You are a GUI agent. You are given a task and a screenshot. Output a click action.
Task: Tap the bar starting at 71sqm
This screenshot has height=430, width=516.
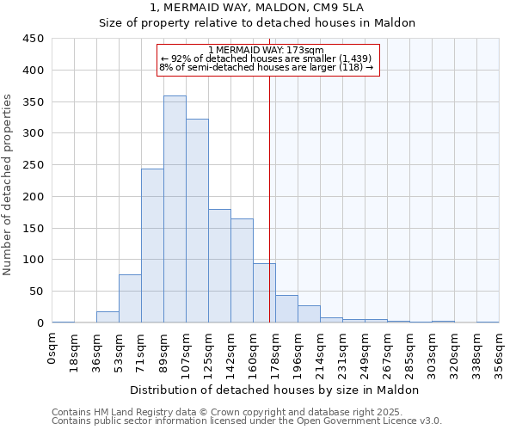tap(152, 246)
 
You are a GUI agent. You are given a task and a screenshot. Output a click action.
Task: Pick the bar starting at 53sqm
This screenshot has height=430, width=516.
tap(130, 298)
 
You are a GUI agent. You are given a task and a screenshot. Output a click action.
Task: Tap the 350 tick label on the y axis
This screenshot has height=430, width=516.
tap(33, 101)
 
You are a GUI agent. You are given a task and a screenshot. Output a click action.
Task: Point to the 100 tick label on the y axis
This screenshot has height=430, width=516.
tap(33, 260)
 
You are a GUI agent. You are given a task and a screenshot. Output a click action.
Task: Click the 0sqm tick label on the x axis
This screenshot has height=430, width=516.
tap(52, 348)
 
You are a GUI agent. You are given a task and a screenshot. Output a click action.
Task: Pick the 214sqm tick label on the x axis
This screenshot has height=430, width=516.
tap(320, 353)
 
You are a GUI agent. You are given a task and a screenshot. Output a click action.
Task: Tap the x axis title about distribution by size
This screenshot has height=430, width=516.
tap(275, 390)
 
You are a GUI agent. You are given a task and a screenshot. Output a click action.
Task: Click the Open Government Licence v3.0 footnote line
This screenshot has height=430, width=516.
tap(246, 421)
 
